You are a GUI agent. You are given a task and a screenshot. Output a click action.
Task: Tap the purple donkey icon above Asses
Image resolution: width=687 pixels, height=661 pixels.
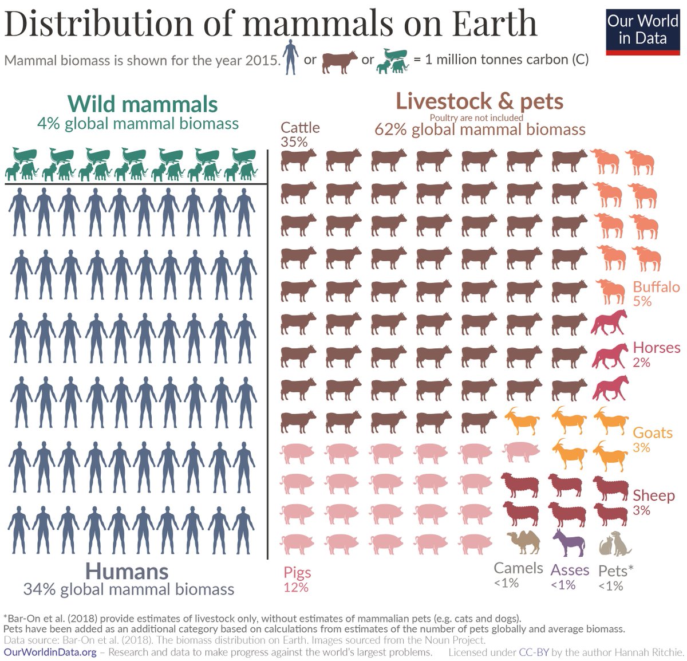tap(568, 542)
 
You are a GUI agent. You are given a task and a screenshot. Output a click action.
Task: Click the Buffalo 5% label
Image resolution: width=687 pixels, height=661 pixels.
tap(656, 293)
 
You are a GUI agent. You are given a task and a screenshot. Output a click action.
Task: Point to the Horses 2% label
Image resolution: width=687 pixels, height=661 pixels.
tap(656, 354)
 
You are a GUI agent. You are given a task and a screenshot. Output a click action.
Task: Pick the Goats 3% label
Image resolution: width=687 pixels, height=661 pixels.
tap(652, 439)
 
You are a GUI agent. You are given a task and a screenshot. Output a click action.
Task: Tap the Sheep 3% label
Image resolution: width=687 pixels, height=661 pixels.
tap(653, 502)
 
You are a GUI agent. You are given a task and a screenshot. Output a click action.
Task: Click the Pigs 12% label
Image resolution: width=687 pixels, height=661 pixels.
tap(297, 579)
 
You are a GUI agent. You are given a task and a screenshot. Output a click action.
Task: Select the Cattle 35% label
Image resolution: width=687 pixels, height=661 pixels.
tap(299, 134)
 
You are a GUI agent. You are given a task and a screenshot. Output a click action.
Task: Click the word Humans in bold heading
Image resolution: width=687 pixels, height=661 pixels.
tap(127, 571)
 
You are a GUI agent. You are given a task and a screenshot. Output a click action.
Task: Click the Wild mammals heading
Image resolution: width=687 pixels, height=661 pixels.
tap(143, 104)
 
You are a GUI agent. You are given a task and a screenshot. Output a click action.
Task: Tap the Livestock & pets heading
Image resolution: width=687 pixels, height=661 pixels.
tap(479, 101)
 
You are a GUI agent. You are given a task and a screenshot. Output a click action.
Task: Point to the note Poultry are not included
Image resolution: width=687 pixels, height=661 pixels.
tap(476, 117)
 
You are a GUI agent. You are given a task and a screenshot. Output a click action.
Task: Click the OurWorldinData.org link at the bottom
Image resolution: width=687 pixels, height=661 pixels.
tap(50, 652)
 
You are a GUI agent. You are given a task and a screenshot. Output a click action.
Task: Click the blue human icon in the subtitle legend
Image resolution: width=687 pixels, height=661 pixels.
tap(291, 57)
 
